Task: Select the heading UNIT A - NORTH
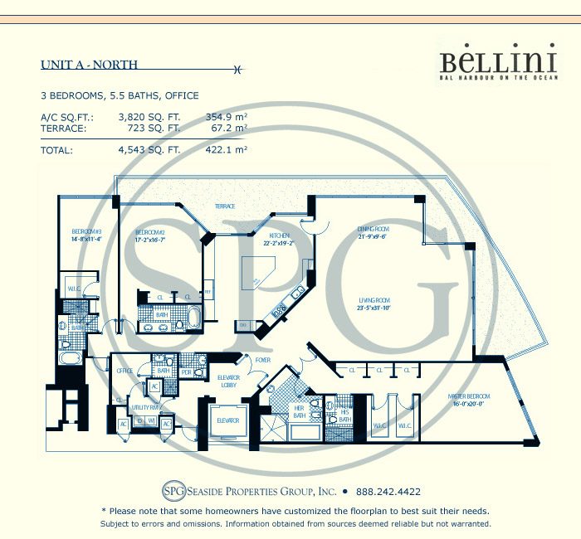pos(90,65)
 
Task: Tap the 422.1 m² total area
pos(227,151)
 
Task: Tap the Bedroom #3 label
pos(86,233)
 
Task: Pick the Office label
pos(124,371)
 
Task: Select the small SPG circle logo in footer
pos(173,490)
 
